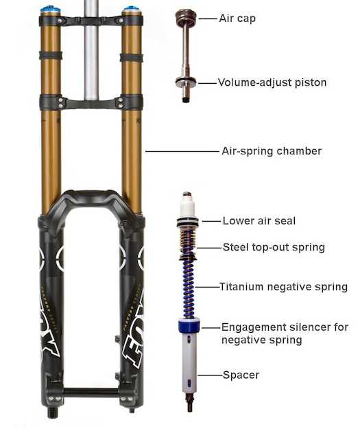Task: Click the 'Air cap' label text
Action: [237, 19]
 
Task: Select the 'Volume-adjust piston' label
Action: [272, 82]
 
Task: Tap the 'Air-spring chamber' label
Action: [272, 151]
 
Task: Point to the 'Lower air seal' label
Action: [259, 221]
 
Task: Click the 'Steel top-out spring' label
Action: [274, 247]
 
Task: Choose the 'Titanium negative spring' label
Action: [283, 287]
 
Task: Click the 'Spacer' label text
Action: [241, 375]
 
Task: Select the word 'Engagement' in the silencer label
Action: [253, 327]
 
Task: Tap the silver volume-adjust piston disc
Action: [186, 82]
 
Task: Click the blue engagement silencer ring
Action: [189, 325]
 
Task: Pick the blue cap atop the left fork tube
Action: [50, 9]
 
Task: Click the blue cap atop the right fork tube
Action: [132, 10]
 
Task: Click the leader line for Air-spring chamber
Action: [182, 152]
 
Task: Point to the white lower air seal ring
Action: [188, 222]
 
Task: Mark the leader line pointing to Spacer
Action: [210, 375]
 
